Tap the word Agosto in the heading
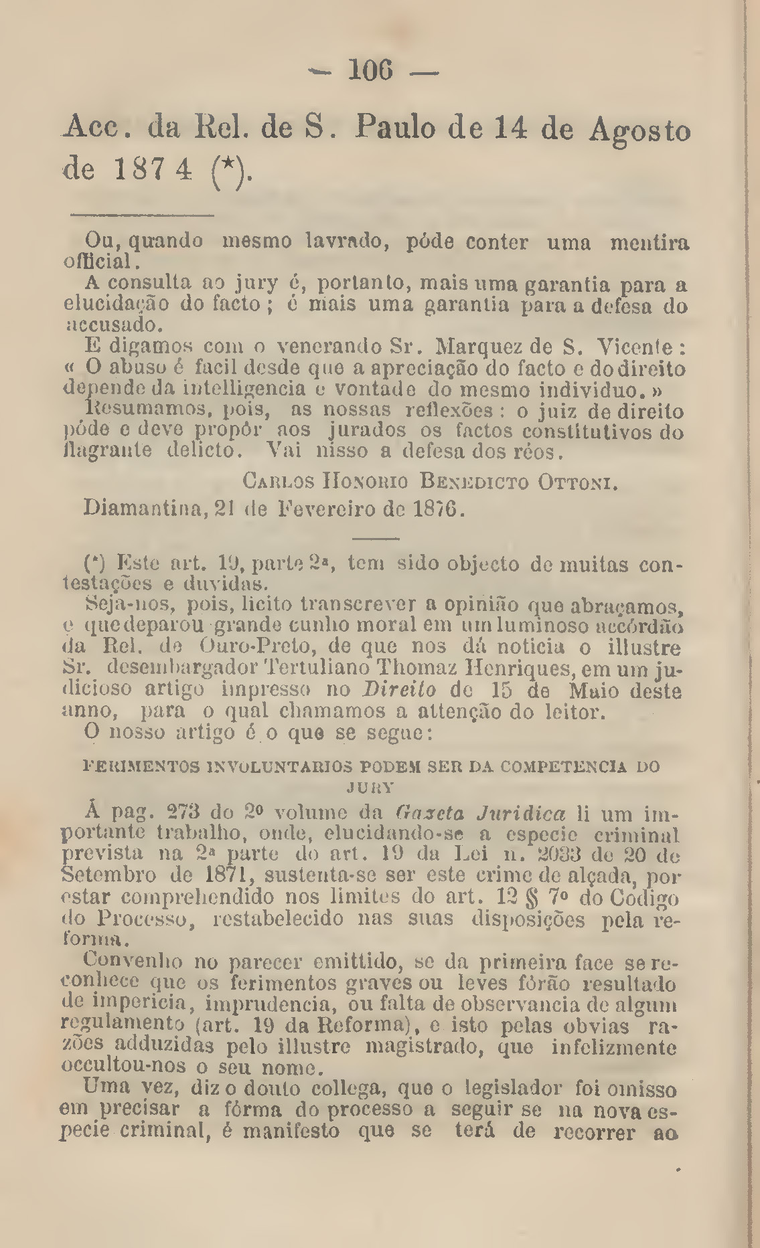639,131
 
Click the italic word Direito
399,690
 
